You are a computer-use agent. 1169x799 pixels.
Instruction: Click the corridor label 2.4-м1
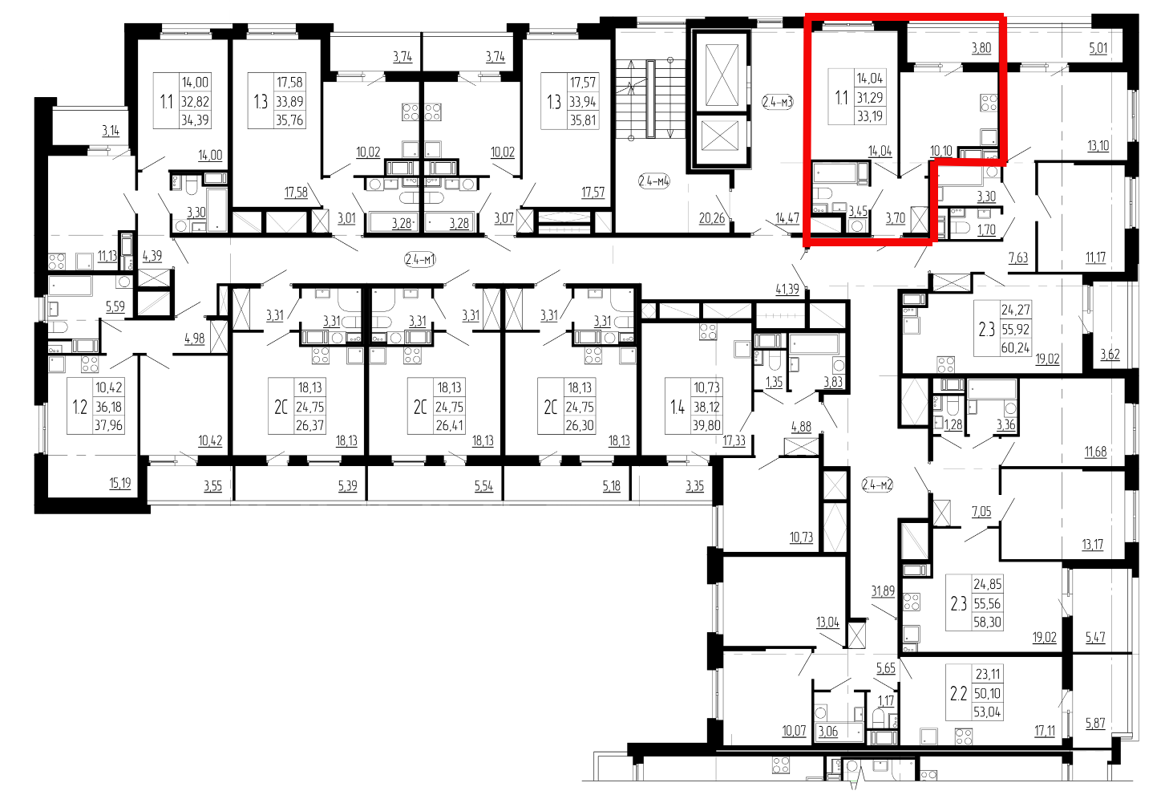click(x=420, y=259)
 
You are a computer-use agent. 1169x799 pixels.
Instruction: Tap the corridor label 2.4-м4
click(x=654, y=181)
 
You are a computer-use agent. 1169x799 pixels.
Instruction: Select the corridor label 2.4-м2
click(x=877, y=485)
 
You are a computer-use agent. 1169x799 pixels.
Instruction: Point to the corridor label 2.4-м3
click(x=778, y=102)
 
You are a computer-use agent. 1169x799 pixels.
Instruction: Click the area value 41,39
click(x=787, y=289)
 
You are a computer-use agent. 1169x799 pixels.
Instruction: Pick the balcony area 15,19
click(x=120, y=483)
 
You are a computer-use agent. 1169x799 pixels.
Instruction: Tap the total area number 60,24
click(x=1016, y=348)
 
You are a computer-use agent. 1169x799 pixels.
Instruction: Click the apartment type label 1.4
click(x=678, y=407)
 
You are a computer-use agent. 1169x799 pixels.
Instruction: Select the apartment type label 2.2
click(x=959, y=694)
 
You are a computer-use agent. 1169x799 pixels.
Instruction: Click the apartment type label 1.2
click(x=80, y=407)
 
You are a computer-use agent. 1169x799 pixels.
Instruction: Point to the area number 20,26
click(x=712, y=218)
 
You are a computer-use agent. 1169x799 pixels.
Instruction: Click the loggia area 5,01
click(x=1098, y=49)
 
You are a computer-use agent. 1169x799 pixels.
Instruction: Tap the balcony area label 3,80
click(x=981, y=49)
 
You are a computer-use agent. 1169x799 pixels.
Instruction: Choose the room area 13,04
click(x=827, y=623)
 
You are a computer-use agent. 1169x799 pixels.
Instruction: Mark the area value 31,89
click(x=883, y=591)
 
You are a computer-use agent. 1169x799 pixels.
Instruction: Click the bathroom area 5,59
click(x=115, y=306)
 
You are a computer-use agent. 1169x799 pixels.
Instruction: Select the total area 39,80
click(x=706, y=426)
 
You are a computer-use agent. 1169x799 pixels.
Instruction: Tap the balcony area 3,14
click(x=111, y=131)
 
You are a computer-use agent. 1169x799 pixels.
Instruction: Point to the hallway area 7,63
click(x=1018, y=258)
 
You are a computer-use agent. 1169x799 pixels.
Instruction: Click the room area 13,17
click(x=1092, y=545)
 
